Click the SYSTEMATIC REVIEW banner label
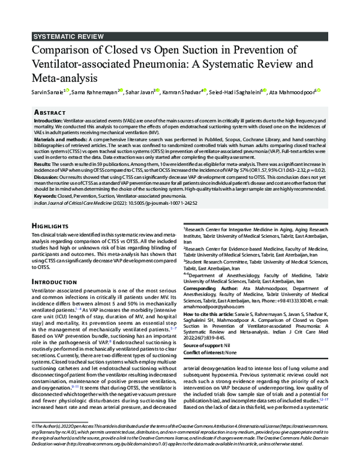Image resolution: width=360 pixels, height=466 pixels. coord(70,36)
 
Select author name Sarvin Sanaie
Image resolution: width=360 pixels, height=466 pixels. coord(47,91)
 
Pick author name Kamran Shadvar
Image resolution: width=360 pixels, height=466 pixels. coord(182,91)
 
